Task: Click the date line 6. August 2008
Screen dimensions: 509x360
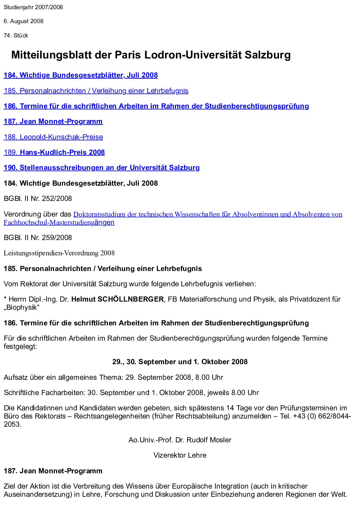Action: [x=23, y=21]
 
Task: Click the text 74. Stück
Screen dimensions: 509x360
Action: [x=16, y=35]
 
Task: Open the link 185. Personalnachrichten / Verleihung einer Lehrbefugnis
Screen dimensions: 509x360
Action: [x=96, y=91]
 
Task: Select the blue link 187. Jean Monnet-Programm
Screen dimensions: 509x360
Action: [x=53, y=121]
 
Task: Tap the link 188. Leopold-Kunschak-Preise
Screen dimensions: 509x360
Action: [x=53, y=137]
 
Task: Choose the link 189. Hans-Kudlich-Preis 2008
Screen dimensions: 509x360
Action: [x=54, y=152]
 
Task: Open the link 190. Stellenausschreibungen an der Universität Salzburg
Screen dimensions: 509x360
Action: [x=101, y=168]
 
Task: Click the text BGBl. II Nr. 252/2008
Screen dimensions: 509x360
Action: [x=38, y=199]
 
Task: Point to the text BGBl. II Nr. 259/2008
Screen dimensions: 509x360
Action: [x=38, y=238]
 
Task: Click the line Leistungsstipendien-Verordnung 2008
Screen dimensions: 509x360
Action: [x=59, y=253]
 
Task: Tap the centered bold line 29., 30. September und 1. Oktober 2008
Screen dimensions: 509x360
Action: [x=180, y=362]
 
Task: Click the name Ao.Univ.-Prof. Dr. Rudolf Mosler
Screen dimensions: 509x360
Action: [x=180, y=440]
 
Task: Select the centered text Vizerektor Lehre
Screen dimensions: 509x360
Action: [x=180, y=455]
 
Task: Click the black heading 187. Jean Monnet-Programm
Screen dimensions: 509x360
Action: [x=53, y=471]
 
